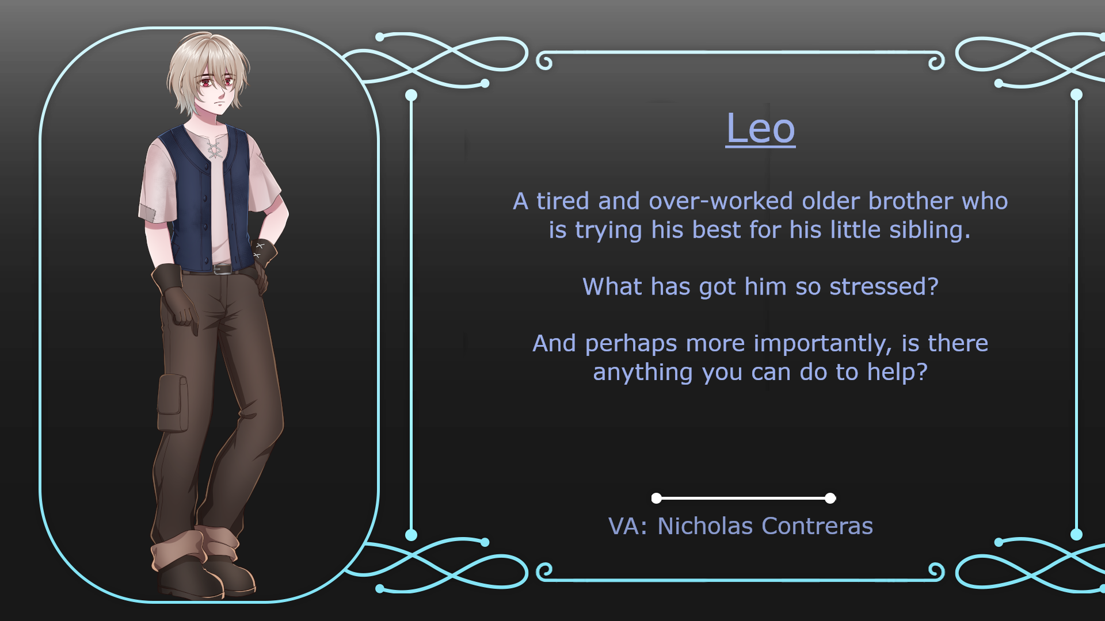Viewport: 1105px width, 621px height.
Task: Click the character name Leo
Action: pyautogui.click(x=760, y=128)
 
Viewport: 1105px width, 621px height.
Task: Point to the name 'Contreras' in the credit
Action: pyautogui.click(x=818, y=526)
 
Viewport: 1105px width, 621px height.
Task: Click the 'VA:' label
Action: pyautogui.click(x=628, y=526)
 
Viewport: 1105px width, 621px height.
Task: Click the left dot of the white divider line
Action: pyautogui.click(x=656, y=498)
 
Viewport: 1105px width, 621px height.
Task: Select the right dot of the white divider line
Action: pyautogui.click(x=830, y=498)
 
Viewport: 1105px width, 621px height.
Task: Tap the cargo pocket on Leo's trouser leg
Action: pyautogui.click(x=172, y=403)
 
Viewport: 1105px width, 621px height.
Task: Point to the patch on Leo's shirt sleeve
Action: pyautogui.click(x=148, y=212)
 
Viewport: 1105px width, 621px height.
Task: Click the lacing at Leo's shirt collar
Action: pyautogui.click(x=215, y=149)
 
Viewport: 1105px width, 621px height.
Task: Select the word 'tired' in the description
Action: pyautogui.click(x=563, y=201)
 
